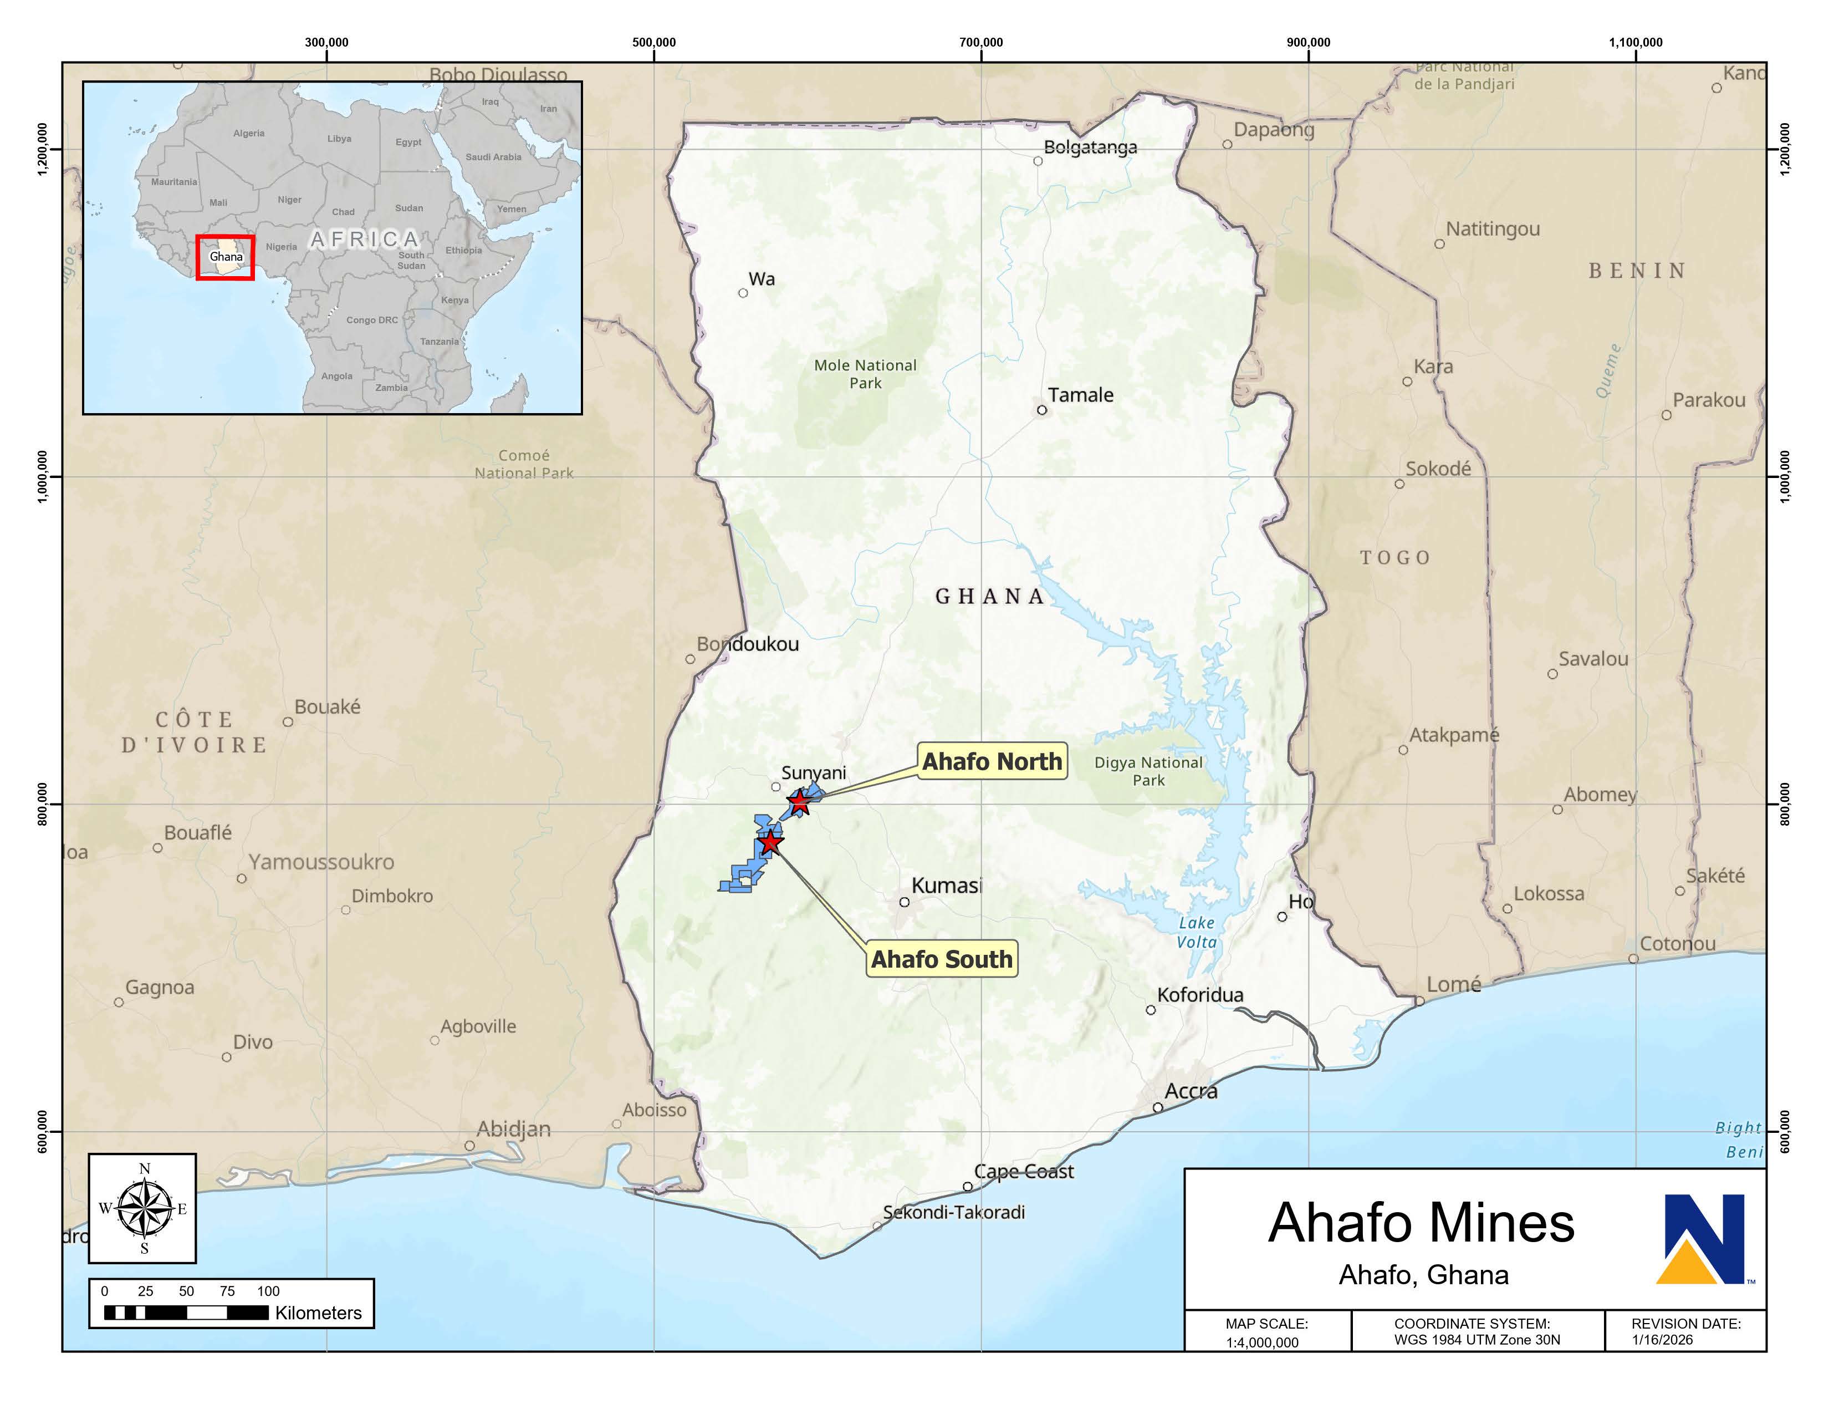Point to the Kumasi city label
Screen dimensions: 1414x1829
click(x=946, y=886)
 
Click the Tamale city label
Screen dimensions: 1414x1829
click(x=1080, y=395)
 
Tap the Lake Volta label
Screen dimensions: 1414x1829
click(x=1196, y=932)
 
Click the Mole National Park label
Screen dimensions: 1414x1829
click(x=865, y=374)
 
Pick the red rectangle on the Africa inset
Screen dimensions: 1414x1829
click(x=225, y=257)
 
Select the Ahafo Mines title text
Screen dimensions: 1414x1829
click(x=1421, y=1223)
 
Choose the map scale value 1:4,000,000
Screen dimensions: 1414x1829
click(x=1262, y=1342)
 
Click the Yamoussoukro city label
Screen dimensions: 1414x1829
click(x=321, y=862)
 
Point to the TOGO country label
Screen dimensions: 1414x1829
click(x=1395, y=558)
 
